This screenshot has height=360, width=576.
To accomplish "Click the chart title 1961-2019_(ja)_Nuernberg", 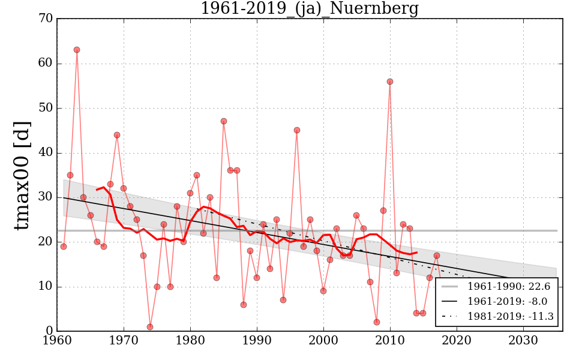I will pos(309,9).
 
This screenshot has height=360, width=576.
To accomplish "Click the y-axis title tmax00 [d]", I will pos(22,175).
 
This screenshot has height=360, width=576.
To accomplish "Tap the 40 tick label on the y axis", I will pos(46,153).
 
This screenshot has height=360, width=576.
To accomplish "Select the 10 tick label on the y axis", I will pos(46,287).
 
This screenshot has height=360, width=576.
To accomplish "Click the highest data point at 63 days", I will pos(77,50).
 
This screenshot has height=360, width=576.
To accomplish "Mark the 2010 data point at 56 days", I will pos(390,82).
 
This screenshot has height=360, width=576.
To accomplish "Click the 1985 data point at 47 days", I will pos(224,121).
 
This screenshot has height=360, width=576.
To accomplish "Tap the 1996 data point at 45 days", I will pos(297,130).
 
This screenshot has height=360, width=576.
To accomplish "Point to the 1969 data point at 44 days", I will pos(117,135).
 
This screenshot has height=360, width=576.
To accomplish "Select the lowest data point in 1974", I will pos(150,327).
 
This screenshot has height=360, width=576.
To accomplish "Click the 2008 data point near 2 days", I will pos(377,322).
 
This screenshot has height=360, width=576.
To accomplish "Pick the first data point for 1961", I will pos(64,247).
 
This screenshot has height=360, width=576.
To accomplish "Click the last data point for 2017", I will pos(437,256).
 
